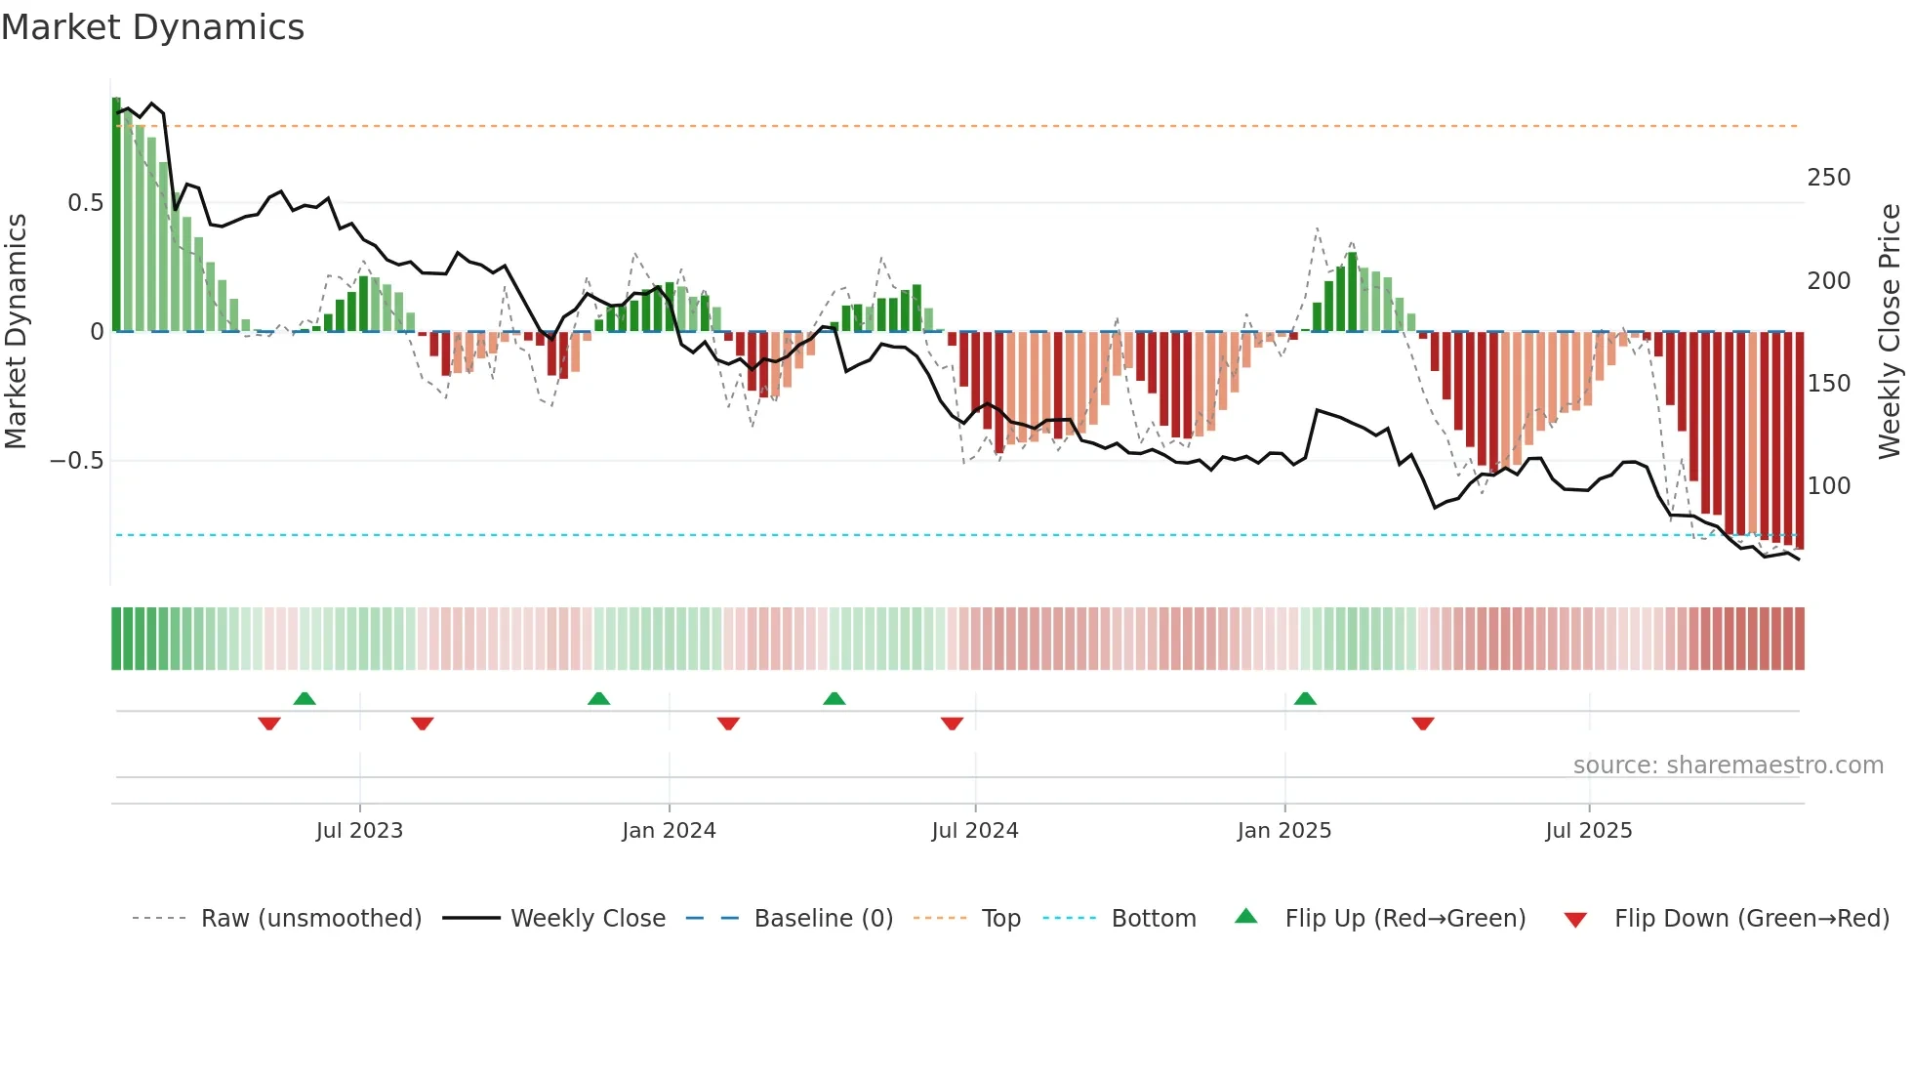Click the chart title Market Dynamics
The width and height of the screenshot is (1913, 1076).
click(152, 27)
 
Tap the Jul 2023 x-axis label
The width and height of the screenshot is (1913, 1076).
click(359, 831)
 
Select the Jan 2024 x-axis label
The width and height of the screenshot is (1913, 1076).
click(669, 831)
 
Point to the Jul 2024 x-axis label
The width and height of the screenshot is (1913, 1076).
click(974, 831)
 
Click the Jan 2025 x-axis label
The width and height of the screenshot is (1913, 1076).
click(1283, 831)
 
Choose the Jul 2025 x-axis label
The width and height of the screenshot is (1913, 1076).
click(1588, 831)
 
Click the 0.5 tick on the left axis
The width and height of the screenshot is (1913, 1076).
click(86, 203)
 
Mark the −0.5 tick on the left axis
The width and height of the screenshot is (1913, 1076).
click(77, 461)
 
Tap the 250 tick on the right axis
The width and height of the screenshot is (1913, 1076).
click(1828, 178)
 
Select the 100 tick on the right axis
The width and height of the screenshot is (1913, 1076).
click(1828, 486)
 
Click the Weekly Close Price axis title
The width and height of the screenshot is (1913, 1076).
click(1890, 332)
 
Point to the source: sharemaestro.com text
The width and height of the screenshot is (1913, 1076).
click(1728, 766)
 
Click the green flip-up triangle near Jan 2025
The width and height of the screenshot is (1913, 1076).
click(1305, 699)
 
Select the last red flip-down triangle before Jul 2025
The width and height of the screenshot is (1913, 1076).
click(1422, 724)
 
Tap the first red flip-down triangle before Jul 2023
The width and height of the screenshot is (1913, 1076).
click(269, 724)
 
